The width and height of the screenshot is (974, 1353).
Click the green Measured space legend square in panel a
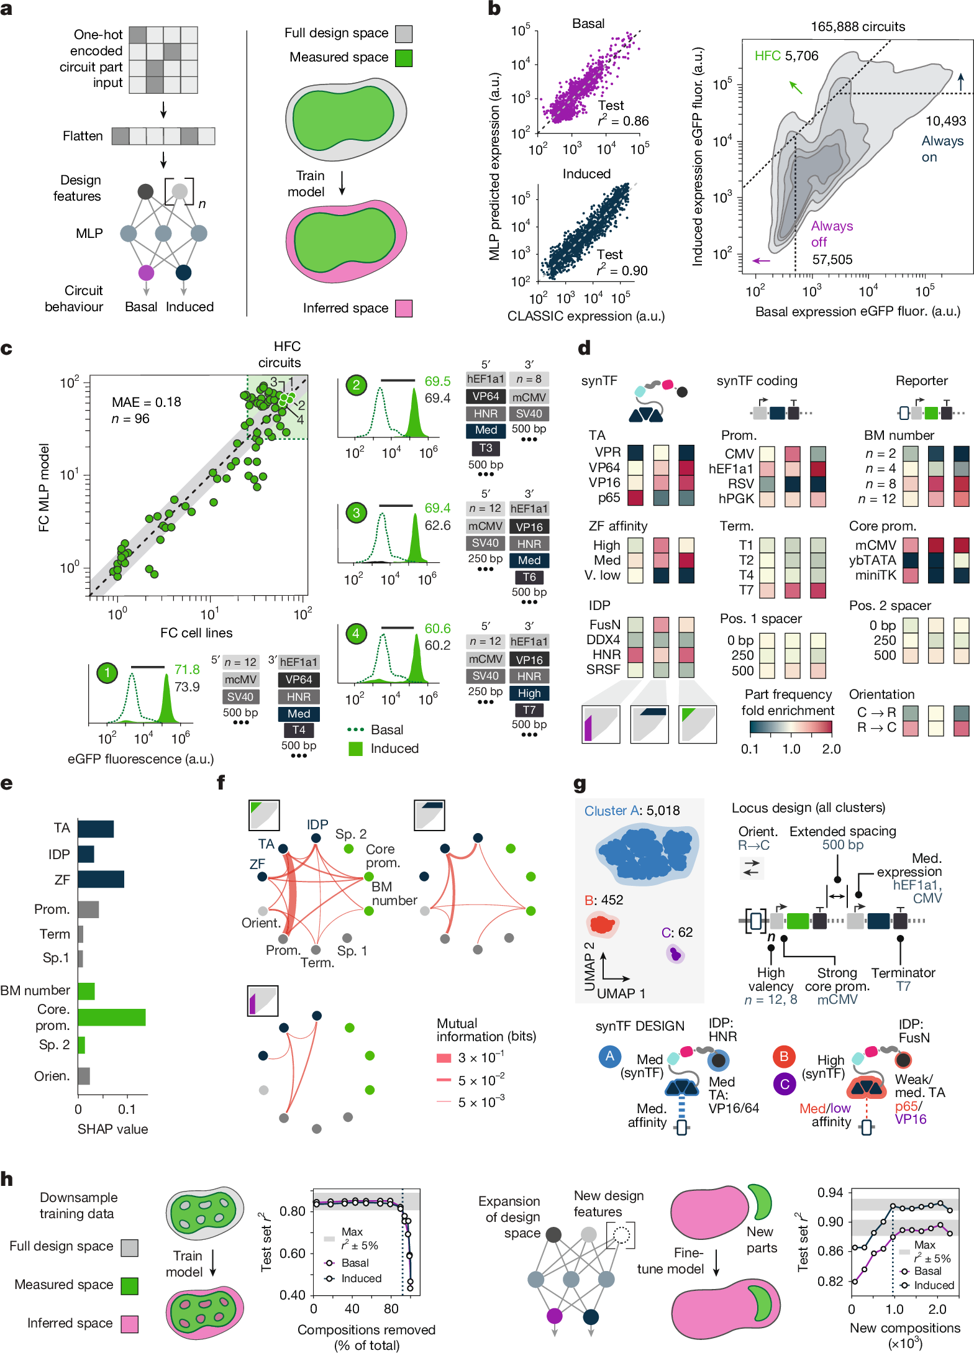(x=404, y=58)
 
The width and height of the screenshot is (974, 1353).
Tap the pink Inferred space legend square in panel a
(x=404, y=308)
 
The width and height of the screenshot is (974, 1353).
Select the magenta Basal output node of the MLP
(x=146, y=272)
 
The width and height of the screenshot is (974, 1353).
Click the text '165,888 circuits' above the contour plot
(x=857, y=27)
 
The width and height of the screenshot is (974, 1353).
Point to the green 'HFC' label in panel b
(x=767, y=56)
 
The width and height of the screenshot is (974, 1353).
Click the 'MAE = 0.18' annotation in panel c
(x=147, y=402)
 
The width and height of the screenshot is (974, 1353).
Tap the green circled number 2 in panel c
(x=356, y=385)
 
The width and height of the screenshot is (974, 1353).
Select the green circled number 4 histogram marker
(x=355, y=634)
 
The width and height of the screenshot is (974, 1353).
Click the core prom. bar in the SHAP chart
(x=111, y=1017)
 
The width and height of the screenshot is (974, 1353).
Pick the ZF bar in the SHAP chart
(x=101, y=879)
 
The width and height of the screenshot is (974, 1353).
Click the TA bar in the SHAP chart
(x=96, y=829)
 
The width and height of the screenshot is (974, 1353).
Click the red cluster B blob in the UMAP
(x=601, y=924)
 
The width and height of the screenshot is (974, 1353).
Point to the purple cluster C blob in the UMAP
(x=675, y=954)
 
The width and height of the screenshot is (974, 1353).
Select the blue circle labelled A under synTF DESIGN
(x=609, y=1056)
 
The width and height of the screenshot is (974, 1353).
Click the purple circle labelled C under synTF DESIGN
(x=785, y=1084)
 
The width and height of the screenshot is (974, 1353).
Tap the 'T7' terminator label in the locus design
(x=903, y=986)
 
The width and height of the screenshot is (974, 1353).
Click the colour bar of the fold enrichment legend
(x=790, y=727)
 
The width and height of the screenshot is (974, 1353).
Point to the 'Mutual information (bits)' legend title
(x=486, y=1029)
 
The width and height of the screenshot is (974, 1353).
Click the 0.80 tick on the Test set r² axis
(x=293, y=1211)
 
